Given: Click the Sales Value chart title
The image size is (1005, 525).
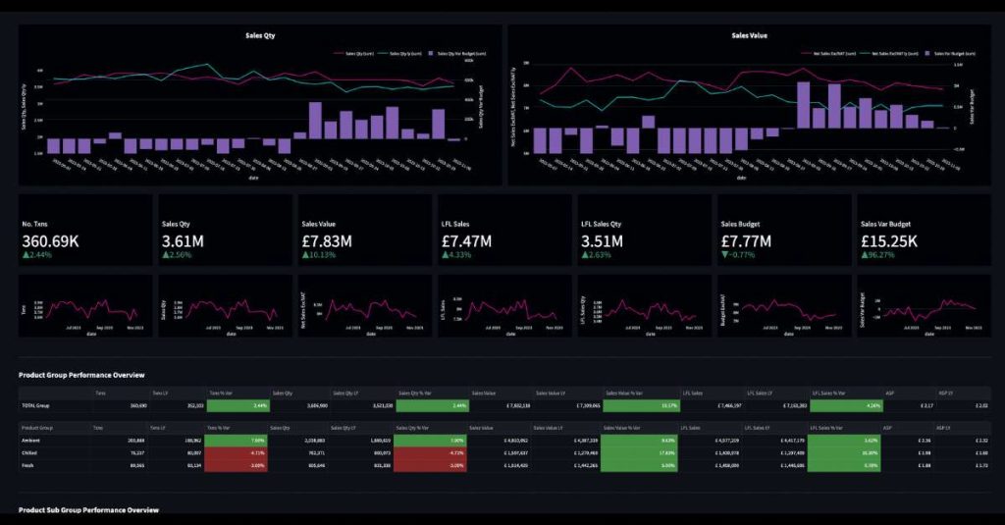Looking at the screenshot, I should tap(750, 35).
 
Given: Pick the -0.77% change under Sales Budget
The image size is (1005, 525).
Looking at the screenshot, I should tap(741, 255).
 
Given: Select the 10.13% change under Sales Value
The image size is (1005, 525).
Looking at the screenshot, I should tap(322, 255).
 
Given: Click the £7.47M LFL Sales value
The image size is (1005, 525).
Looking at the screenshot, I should tap(466, 240).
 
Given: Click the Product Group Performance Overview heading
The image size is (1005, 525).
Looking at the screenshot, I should tap(81, 375).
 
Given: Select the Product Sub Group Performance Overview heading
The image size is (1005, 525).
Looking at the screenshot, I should tap(88, 510).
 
